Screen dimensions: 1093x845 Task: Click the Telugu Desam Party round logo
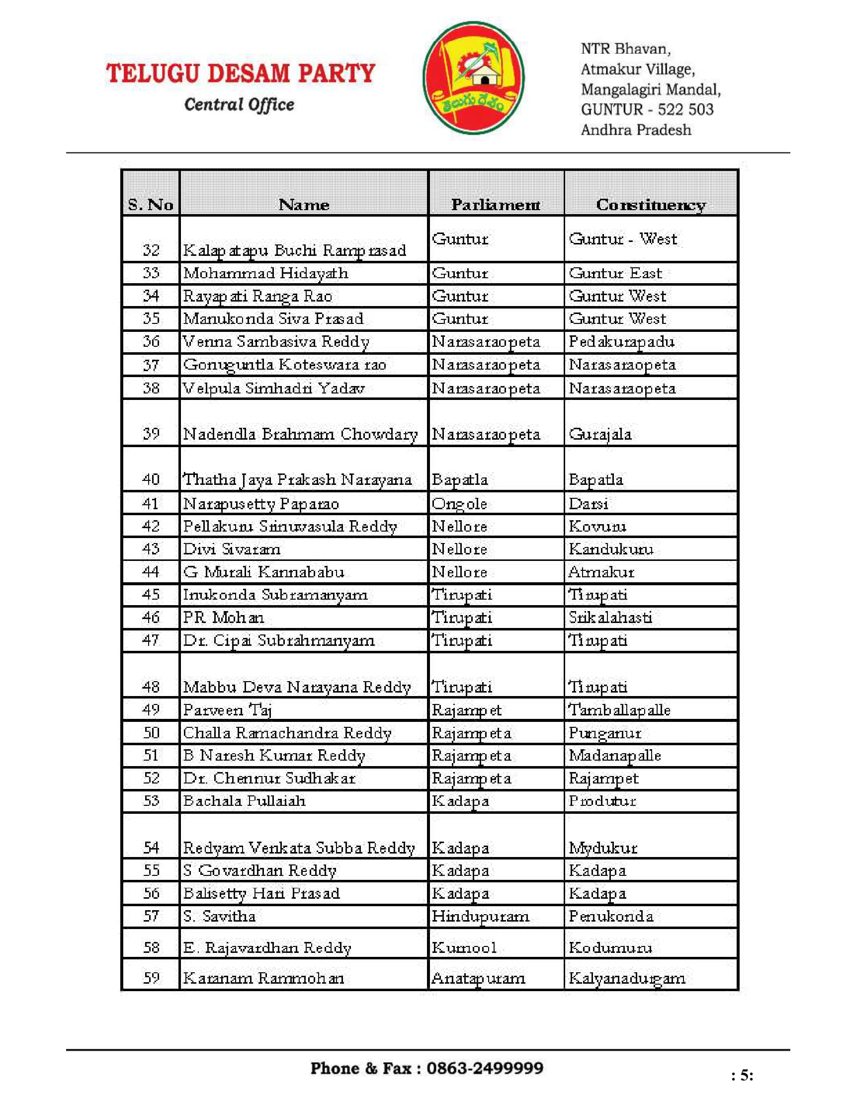[x=473, y=78]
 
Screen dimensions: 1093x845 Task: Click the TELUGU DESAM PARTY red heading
[x=240, y=73]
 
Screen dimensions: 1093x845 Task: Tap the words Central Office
[x=239, y=105]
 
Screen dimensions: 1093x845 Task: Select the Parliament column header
[x=496, y=204]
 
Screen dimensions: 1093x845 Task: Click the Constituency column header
[x=651, y=204]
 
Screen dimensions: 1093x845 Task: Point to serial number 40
[x=151, y=479]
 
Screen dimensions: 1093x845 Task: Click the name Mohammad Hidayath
[x=265, y=273]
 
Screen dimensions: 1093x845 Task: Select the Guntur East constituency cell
[x=615, y=273]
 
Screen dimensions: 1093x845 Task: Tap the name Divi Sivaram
[x=232, y=549]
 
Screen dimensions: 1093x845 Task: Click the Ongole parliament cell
[x=459, y=503]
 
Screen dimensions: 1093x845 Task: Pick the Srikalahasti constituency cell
[x=610, y=618]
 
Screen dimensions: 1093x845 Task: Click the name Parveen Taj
[x=227, y=709]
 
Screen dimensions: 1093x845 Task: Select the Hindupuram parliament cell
[x=480, y=916]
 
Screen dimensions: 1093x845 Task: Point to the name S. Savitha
[x=219, y=916]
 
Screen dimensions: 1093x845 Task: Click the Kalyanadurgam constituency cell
[x=627, y=978]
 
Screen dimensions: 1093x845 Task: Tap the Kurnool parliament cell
[x=464, y=947]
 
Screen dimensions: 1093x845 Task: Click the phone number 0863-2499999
[x=485, y=1068]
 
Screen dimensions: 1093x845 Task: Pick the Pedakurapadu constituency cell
[x=621, y=342]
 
